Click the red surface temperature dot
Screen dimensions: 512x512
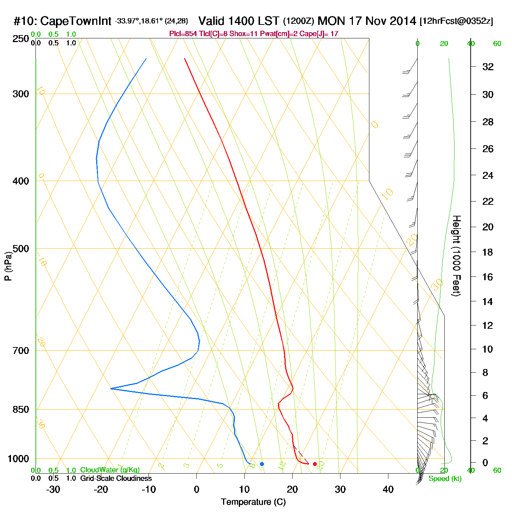(315, 464)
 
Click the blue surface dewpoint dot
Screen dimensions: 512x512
(262, 464)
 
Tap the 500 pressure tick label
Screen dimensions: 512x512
(21, 249)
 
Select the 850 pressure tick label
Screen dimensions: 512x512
(21, 410)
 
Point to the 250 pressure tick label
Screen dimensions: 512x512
(21, 38)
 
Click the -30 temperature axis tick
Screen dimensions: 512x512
(53, 489)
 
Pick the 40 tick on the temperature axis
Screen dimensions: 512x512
(388, 489)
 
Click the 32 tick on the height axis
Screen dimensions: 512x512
(488, 67)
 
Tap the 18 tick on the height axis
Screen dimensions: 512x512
(488, 252)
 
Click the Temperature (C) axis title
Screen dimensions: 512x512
(253, 502)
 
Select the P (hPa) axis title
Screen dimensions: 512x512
(8, 266)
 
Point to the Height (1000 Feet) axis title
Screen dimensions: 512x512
(456, 256)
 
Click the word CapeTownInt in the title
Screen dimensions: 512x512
(76, 21)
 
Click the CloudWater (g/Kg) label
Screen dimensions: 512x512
(110, 470)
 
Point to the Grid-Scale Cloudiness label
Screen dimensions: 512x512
(116, 478)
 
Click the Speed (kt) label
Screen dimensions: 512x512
(445, 479)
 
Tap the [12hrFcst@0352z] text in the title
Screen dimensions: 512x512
(456, 21)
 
